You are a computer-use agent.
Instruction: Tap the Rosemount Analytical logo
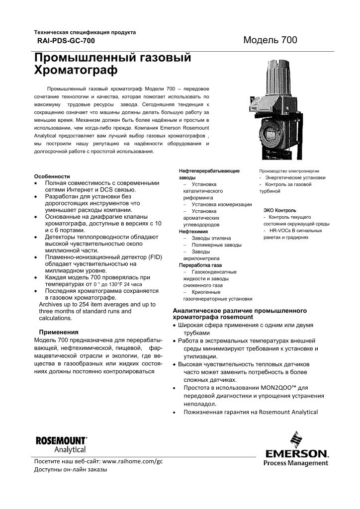click(61, 444)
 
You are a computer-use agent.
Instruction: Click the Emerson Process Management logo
click(296, 450)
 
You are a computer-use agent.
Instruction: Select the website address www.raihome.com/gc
click(132, 461)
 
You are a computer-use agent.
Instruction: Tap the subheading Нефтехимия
click(193, 231)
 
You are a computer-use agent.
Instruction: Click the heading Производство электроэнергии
click(288, 170)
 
